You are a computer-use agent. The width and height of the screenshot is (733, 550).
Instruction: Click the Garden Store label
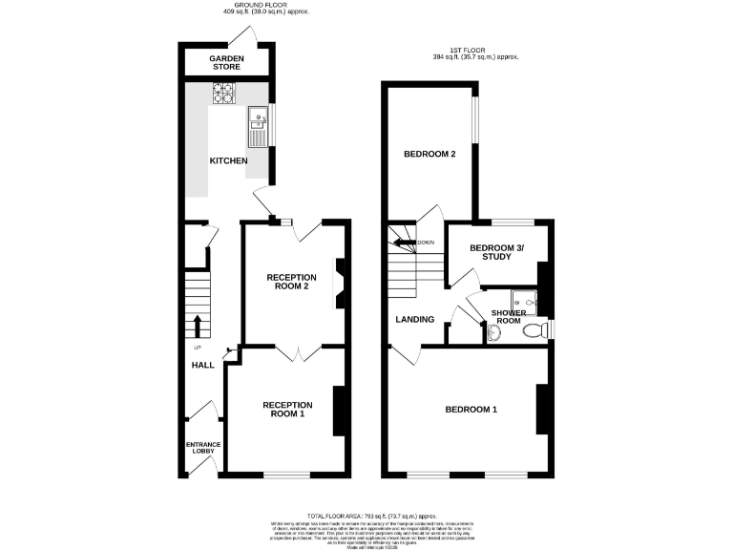[227, 63]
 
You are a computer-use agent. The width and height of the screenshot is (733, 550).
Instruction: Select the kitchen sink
[258, 123]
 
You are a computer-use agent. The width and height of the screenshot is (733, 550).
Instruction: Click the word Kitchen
[229, 161]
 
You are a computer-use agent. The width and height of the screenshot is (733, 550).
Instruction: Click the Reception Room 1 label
[283, 410]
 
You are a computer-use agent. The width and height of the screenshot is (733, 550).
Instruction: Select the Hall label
[202, 366]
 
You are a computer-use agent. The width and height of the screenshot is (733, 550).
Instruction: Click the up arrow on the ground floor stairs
[197, 325]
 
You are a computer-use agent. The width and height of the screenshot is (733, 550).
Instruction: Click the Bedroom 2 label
[429, 155]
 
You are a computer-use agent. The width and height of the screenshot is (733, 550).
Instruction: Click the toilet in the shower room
[542, 329]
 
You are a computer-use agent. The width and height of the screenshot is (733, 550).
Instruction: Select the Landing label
[415, 320]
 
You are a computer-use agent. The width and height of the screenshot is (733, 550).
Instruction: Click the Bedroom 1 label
[471, 410]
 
